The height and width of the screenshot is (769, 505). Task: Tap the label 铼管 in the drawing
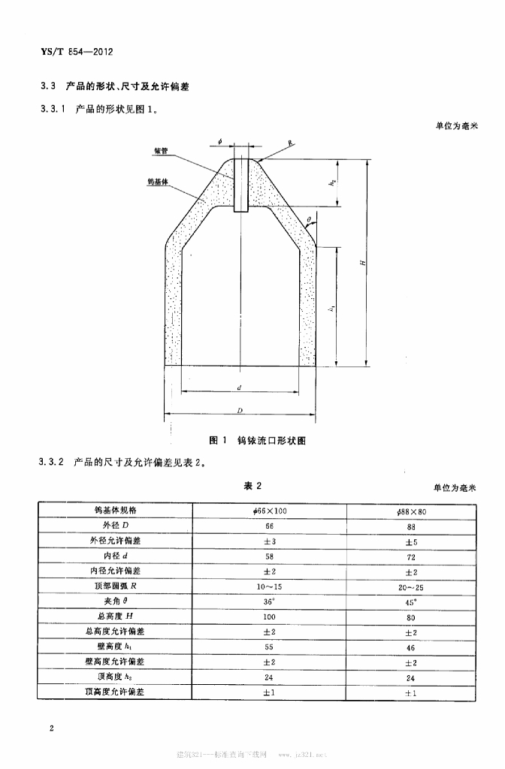click(x=160, y=150)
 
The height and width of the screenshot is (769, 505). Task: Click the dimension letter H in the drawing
click(x=362, y=262)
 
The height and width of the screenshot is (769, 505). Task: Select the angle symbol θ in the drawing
click(x=309, y=219)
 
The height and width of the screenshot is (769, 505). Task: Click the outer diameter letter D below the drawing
click(x=239, y=411)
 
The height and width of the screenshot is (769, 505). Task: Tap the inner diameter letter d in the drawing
click(x=238, y=388)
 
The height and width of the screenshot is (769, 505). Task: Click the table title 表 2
click(x=252, y=487)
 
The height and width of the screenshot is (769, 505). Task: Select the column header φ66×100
click(x=269, y=511)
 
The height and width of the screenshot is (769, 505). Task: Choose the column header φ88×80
click(x=411, y=511)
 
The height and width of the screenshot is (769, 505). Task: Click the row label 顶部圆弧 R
click(x=114, y=587)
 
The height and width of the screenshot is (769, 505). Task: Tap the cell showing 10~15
click(x=269, y=587)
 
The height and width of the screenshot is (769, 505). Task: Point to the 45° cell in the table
click(x=411, y=602)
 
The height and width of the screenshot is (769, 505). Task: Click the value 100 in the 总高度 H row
click(x=269, y=617)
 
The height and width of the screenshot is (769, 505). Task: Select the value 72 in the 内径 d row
click(x=411, y=556)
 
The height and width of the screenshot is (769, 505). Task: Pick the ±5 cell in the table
click(x=411, y=541)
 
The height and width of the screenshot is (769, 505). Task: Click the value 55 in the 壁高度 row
click(x=269, y=647)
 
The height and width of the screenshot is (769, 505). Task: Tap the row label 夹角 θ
click(x=114, y=602)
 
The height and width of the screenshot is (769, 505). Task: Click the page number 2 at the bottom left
click(x=51, y=728)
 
